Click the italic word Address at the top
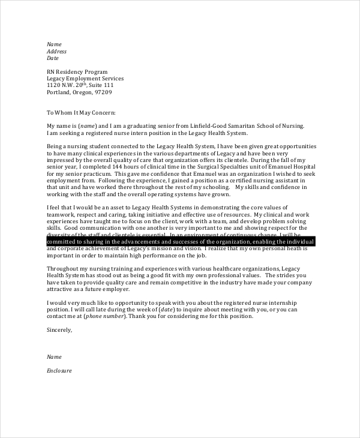point(56,51)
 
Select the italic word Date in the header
point(53,58)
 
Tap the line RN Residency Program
point(77,71)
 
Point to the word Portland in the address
point(58,92)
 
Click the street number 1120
point(53,85)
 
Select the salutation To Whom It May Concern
point(81,112)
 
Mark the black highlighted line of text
point(179,241)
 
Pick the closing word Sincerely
point(59,329)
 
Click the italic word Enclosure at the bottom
point(59,370)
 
